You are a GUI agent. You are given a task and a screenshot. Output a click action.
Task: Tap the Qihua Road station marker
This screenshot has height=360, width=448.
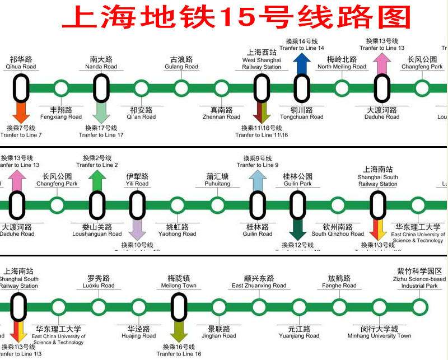(21, 88)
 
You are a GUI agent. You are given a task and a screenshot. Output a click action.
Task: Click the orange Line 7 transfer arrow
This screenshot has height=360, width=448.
(21, 112)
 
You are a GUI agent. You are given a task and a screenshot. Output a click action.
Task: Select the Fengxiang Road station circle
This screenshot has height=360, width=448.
(61, 88)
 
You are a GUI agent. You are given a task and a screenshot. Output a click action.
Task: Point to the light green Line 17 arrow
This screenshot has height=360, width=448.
(101, 112)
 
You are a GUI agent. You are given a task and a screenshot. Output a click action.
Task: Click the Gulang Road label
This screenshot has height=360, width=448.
(181, 63)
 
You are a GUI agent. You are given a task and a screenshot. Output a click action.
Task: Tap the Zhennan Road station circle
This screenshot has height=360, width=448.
(221, 88)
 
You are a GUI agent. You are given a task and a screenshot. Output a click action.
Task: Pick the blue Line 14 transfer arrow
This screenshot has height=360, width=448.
(302, 63)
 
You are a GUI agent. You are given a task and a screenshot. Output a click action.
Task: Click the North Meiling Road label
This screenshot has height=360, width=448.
(342, 63)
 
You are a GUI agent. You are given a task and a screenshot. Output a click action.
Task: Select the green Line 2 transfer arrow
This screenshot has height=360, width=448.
(97, 180)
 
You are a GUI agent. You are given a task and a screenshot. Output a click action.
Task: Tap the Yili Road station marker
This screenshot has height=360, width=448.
(137, 205)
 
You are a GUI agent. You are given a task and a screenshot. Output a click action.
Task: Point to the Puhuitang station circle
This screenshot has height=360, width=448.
(217, 205)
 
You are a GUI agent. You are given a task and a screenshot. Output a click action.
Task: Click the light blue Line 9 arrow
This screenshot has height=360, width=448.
(258, 180)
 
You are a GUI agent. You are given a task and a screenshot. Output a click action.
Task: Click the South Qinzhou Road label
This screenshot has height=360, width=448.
(338, 230)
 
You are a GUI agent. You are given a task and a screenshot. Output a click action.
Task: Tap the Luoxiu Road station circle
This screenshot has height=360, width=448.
(99, 307)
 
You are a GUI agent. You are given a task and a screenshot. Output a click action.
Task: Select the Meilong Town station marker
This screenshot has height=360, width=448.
(179, 307)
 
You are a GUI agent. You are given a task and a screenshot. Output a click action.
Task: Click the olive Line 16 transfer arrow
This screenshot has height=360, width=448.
(179, 331)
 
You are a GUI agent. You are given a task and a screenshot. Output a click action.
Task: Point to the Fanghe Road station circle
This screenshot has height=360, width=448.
(339, 307)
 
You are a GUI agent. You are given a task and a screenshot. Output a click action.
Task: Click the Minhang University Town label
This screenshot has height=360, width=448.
(379, 332)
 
